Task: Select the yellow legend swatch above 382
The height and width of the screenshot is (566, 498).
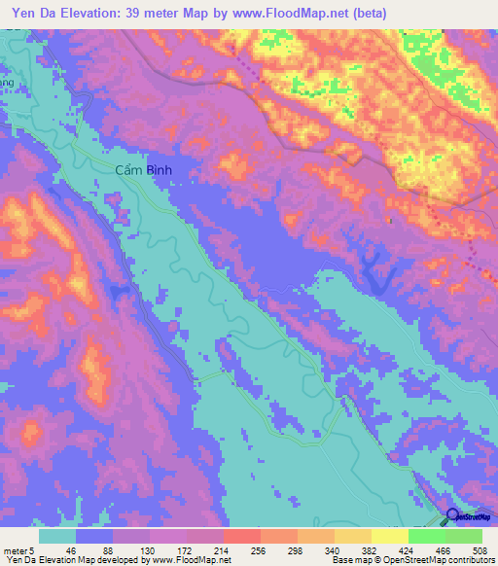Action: pyautogui.click(x=389, y=536)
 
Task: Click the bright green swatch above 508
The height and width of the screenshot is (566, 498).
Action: pyautogui.click(x=464, y=536)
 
